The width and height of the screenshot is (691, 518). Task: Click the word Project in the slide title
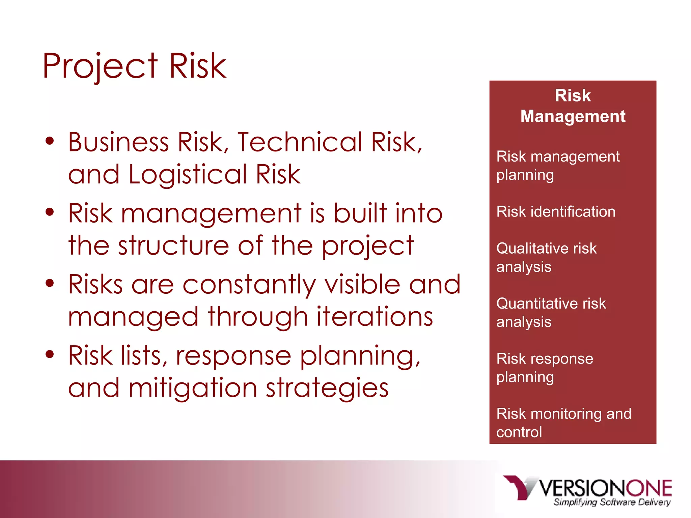100,66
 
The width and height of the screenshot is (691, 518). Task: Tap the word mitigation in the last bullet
193,388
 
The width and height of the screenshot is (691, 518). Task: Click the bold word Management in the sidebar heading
573,116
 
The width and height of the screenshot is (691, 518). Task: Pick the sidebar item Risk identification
556,212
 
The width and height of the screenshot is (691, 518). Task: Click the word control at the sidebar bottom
519,432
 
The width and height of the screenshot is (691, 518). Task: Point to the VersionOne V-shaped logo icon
520,487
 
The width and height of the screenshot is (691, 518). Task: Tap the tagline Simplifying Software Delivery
612,502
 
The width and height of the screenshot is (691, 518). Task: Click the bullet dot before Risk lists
50,354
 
